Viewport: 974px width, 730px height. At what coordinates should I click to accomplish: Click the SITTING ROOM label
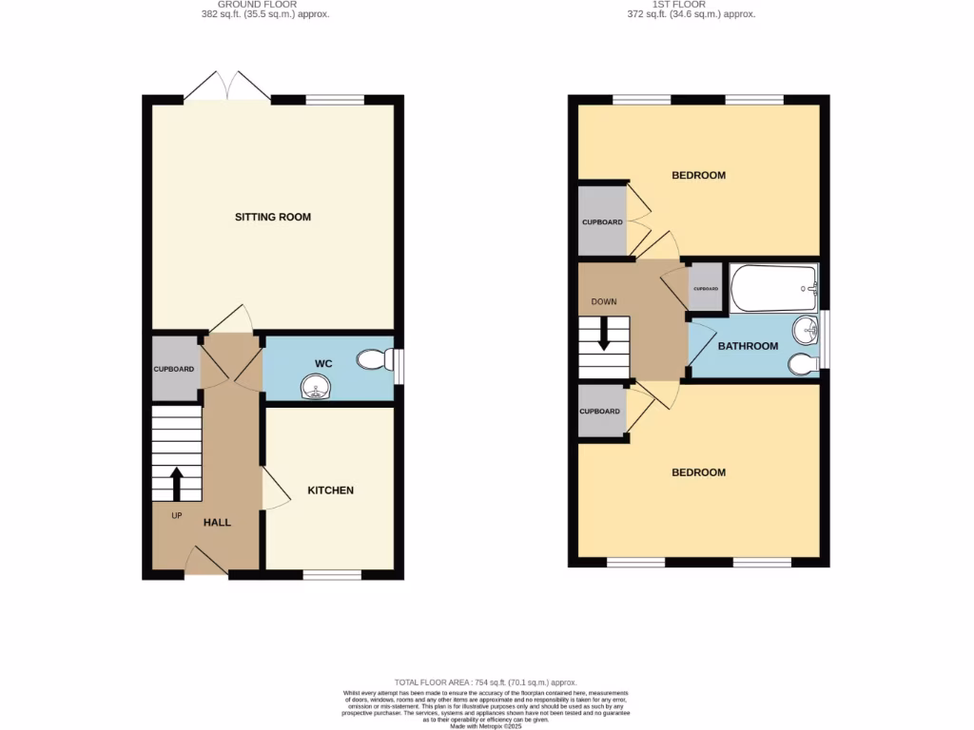tap(273, 217)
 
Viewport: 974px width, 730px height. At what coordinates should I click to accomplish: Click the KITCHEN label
tap(330, 490)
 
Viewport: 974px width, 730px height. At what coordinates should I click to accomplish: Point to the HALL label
tap(217, 522)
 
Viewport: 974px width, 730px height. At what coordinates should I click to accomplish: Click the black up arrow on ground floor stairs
tap(176, 482)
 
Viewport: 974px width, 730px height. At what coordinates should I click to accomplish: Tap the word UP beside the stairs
tap(177, 516)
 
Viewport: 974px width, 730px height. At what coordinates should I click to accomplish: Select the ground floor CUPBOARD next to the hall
tap(175, 369)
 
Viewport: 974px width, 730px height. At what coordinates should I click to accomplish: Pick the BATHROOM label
tap(748, 346)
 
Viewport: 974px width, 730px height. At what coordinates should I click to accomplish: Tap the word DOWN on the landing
tap(604, 302)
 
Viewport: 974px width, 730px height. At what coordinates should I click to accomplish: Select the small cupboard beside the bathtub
tap(706, 288)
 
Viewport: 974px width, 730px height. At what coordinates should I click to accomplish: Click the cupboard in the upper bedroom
tap(602, 221)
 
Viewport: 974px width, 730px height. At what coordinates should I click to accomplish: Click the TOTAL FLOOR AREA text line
tap(486, 682)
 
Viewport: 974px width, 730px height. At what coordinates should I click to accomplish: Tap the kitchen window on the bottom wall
tap(332, 574)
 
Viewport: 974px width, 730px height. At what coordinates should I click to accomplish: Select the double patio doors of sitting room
tap(227, 87)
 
